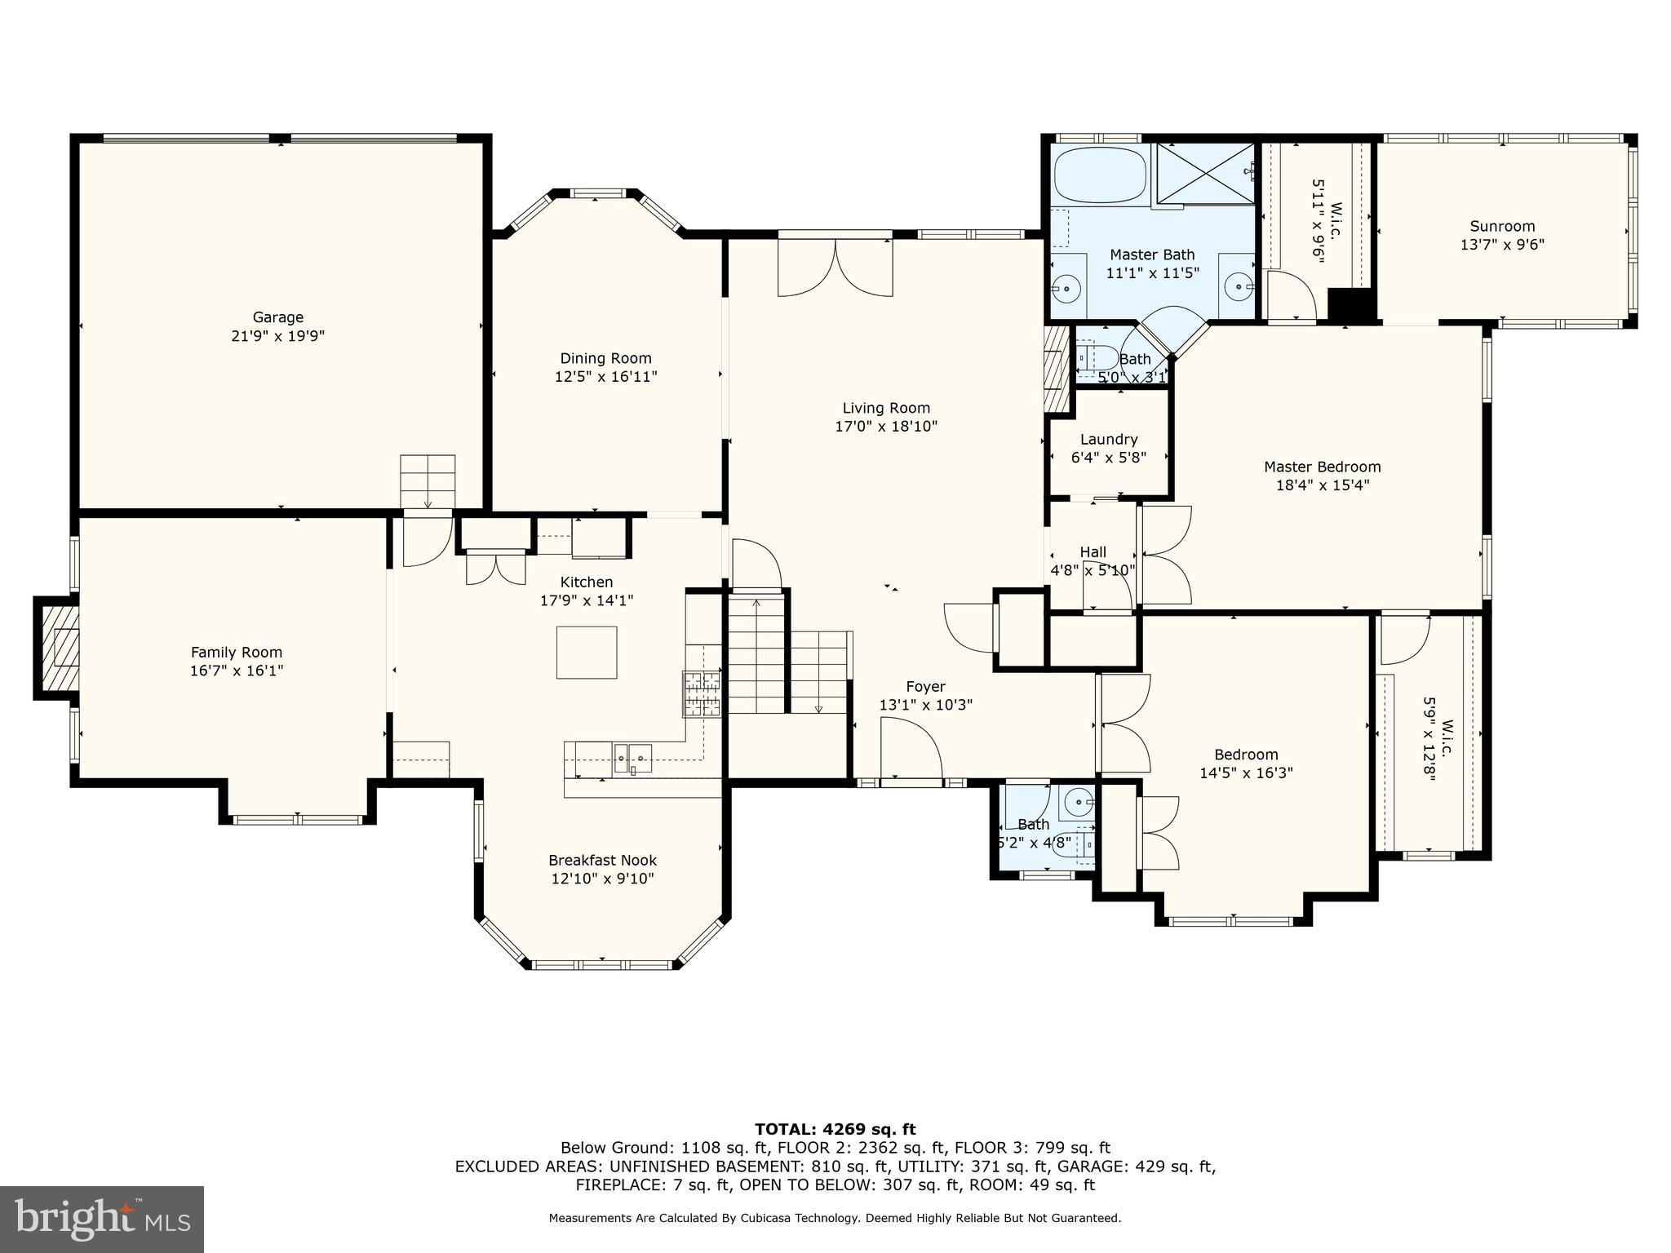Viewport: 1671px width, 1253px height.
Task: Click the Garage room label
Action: coord(277,317)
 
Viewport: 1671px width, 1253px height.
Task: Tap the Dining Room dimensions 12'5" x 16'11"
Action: coord(605,377)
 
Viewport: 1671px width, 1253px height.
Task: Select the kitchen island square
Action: coord(587,652)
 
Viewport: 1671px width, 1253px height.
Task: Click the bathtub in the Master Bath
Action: coord(1099,175)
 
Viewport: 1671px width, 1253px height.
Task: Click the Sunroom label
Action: coord(1502,226)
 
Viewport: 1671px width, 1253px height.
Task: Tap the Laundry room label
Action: coord(1108,440)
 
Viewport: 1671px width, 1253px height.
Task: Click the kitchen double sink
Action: coord(633,759)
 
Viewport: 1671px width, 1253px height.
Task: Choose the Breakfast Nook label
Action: coord(602,860)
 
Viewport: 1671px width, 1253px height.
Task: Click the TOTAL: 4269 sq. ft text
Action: coord(835,1129)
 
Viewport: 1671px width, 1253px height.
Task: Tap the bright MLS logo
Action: coord(101,1219)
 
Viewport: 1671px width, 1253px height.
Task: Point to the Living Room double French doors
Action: coord(835,268)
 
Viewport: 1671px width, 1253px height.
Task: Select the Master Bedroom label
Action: coord(1322,467)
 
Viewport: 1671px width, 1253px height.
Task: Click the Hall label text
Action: coord(1093,552)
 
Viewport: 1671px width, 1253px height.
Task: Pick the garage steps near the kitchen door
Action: coord(428,481)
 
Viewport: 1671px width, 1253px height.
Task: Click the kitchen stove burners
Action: coord(702,694)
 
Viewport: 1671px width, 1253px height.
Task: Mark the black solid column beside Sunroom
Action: coord(1352,307)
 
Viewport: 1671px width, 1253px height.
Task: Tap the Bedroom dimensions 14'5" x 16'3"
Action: coord(1246,773)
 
